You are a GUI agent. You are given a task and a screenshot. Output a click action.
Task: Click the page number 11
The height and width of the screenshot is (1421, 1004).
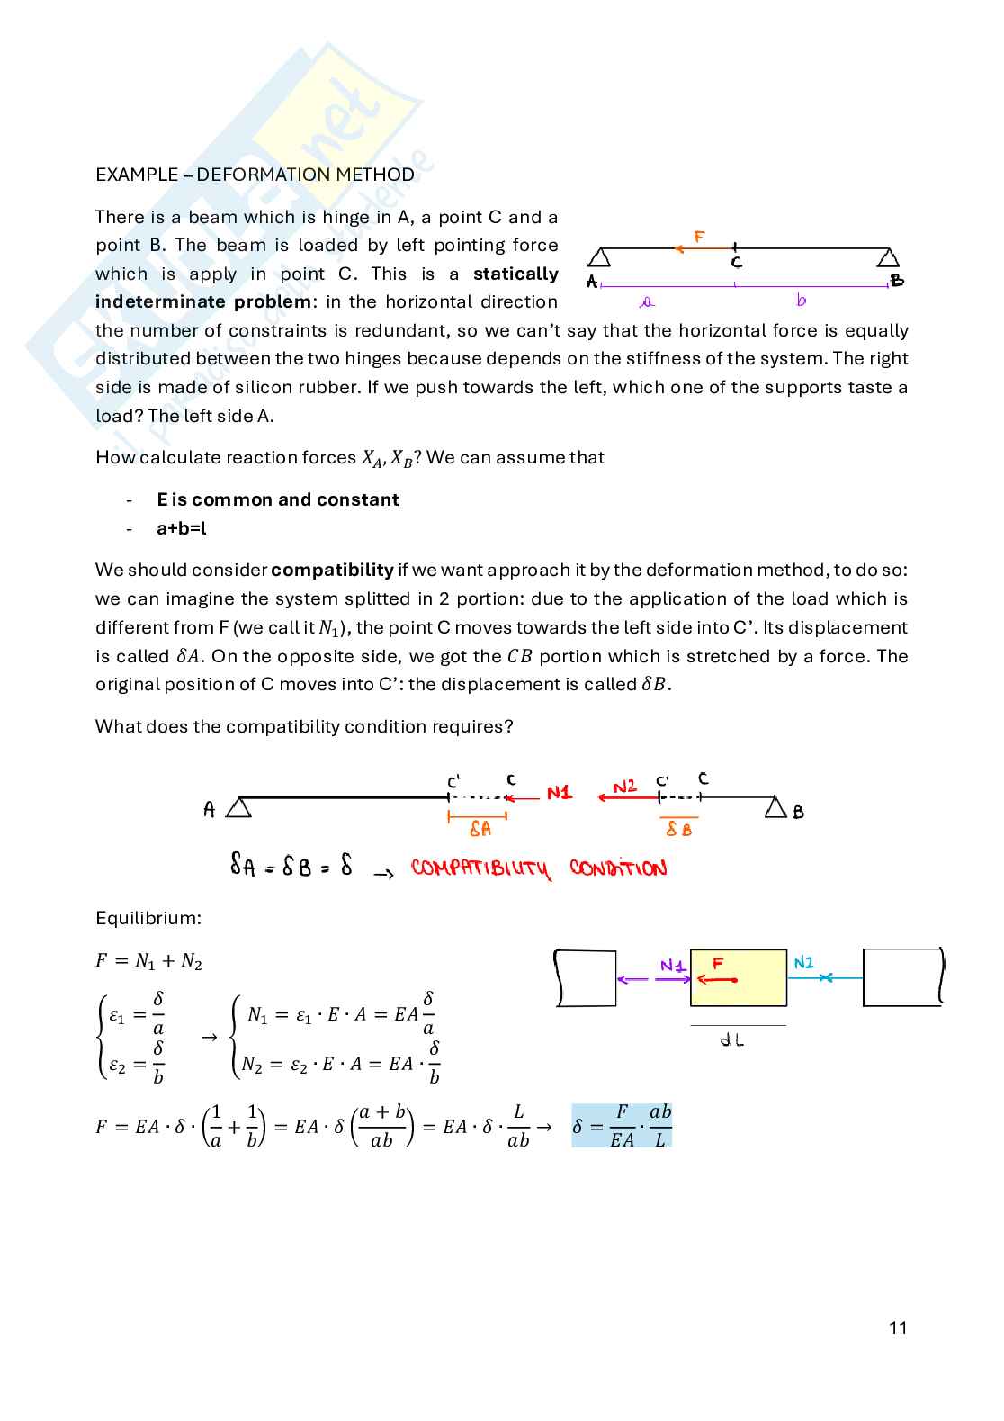point(897,1327)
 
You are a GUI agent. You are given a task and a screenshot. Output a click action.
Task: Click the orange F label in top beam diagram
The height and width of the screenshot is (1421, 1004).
point(699,238)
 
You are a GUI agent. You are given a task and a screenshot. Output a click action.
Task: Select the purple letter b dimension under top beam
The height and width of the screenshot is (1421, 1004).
point(801,300)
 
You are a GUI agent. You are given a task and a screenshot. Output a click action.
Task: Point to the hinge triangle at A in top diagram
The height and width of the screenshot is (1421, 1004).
point(599,258)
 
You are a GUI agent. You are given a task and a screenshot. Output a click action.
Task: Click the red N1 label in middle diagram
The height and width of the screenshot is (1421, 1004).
point(559,793)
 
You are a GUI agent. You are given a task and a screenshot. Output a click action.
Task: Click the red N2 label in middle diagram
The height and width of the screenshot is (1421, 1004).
point(624,787)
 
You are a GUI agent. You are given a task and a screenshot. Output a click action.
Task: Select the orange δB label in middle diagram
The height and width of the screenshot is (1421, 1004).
point(678,829)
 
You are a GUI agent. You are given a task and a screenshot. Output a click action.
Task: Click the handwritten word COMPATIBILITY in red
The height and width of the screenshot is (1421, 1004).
point(480,868)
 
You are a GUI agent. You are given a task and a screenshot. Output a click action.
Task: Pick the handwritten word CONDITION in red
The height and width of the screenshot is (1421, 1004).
point(618,868)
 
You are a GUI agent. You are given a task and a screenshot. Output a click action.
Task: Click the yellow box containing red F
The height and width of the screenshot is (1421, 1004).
point(739,977)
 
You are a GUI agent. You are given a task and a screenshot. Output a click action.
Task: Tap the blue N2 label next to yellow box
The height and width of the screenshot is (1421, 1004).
point(803,963)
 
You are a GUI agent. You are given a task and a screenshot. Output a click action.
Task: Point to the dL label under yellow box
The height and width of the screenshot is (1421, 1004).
point(732,1040)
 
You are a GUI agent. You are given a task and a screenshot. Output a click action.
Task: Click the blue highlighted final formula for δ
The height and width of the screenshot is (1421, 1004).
point(622,1126)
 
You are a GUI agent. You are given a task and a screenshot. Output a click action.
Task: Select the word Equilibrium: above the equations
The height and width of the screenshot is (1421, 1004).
point(148,918)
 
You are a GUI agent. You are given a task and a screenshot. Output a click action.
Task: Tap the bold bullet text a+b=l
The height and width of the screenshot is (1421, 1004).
point(181,528)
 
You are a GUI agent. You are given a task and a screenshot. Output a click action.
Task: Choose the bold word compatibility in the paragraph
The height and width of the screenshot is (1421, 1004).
point(332,570)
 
